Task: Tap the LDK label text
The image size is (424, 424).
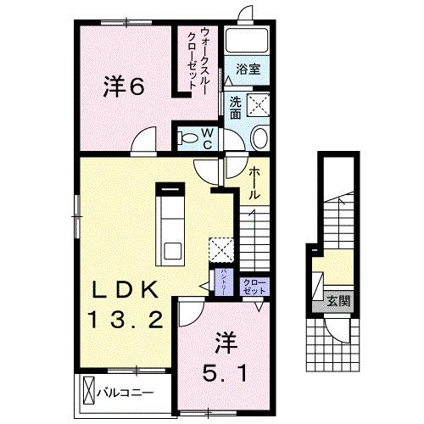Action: point(126,289)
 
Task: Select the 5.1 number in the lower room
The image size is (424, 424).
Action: point(225,371)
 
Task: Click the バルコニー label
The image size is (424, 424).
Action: point(129,393)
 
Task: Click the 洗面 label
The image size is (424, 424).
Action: point(235,105)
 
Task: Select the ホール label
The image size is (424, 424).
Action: point(254,183)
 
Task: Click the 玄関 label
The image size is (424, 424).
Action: point(341,299)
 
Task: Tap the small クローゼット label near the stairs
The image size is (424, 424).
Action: point(253,285)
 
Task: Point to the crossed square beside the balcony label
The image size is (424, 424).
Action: point(91,393)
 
